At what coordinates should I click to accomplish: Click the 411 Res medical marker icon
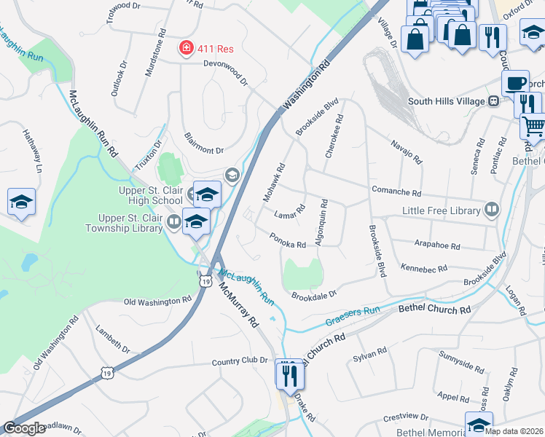(187, 48)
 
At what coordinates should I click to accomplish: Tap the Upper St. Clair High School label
(151, 195)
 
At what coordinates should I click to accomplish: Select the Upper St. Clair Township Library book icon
(173, 221)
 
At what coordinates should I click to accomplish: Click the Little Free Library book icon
(492, 210)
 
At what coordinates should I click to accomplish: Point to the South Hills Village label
(447, 101)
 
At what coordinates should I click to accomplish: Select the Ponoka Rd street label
(287, 240)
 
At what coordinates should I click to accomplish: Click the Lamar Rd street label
(290, 210)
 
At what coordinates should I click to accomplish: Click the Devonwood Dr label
(217, 70)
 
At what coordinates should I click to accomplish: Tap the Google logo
(24, 428)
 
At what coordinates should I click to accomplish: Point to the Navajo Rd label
(407, 151)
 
